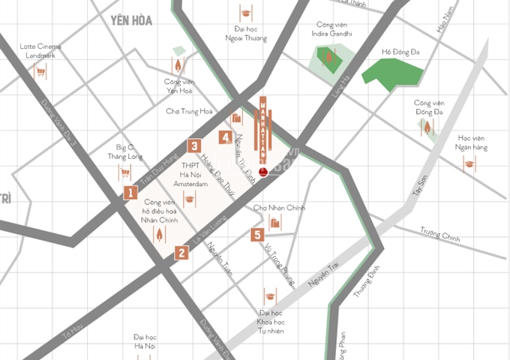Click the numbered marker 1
tap(131, 193)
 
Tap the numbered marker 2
tap(181, 253)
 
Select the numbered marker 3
tap(193, 146)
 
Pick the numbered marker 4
tap(225, 136)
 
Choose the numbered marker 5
tap(256, 235)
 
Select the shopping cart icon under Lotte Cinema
tap(40, 72)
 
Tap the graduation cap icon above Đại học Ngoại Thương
tap(245, 13)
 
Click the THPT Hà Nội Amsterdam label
tap(190, 173)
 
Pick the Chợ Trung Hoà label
tap(189, 111)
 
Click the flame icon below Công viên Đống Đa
tap(428, 128)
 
